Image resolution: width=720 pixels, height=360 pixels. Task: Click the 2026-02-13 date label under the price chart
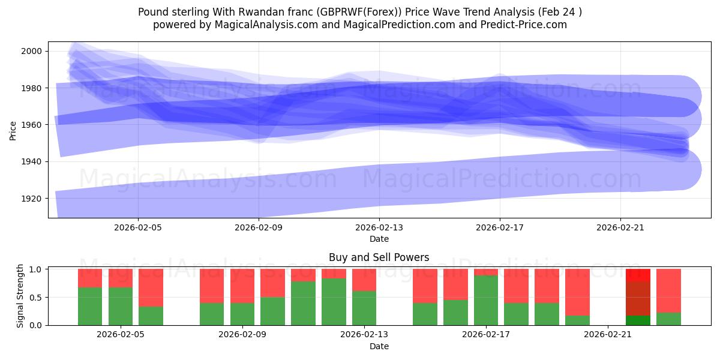click(379, 228)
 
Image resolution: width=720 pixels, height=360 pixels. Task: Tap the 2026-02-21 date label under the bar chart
click(608, 335)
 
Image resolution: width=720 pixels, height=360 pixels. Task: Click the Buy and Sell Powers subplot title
click(379, 257)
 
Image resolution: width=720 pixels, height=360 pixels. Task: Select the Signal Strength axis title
click(20, 296)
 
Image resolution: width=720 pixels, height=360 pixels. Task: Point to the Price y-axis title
click(13, 130)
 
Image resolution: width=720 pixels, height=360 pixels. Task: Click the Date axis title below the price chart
click(379, 239)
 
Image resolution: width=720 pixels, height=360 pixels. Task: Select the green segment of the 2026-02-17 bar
click(486, 300)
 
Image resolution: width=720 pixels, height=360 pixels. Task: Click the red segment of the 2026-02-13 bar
click(364, 280)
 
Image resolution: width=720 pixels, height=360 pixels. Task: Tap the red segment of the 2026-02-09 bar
click(242, 286)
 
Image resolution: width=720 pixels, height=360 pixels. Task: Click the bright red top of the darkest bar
click(638, 275)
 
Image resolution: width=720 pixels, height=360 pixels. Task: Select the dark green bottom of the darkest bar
click(638, 320)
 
